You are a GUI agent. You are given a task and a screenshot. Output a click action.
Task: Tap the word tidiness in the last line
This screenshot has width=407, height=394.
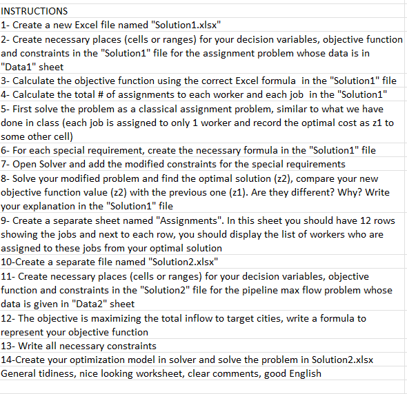click(64, 373)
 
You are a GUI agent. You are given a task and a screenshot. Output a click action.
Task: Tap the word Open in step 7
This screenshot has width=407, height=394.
click(27, 164)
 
